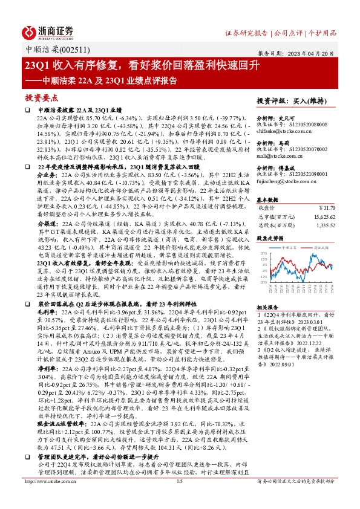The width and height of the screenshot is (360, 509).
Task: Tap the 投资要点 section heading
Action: [41, 97]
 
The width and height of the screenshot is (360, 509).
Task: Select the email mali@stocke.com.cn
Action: [281, 155]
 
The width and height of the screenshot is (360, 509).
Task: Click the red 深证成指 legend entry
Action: [319, 247]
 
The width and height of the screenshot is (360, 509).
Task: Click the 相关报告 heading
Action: [267, 307]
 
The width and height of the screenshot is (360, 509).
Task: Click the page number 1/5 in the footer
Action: [180, 499]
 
